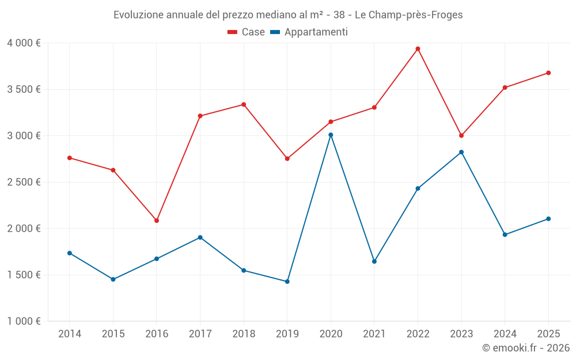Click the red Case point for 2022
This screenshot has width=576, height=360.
tap(418, 49)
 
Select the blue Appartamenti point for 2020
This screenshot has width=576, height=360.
tap(331, 135)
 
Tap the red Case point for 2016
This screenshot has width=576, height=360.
tap(157, 221)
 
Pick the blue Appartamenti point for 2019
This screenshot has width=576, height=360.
tap(287, 282)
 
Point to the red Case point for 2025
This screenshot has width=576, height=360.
tap(548, 73)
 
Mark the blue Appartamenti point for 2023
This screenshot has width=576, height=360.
tap(461, 152)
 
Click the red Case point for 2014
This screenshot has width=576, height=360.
tap(70, 158)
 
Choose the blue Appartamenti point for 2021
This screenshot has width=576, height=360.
tap(374, 262)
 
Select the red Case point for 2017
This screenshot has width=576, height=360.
tap(200, 116)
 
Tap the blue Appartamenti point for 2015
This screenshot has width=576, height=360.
tap(113, 279)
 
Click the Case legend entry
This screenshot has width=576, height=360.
tap(246, 32)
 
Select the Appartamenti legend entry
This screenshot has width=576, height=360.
tap(309, 32)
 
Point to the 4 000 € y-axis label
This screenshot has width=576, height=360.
tap(24, 43)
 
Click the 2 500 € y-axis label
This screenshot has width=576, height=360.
tap(24, 182)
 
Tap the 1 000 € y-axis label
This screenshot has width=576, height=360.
tap(24, 321)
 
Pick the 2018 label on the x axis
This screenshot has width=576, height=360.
tap(244, 334)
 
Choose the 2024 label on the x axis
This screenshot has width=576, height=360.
tap(505, 334)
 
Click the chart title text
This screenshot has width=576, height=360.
tap(288, 15)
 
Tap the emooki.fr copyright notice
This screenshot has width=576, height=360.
tap(525, 348)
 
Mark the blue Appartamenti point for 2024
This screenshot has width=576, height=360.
tap(505, 234)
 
